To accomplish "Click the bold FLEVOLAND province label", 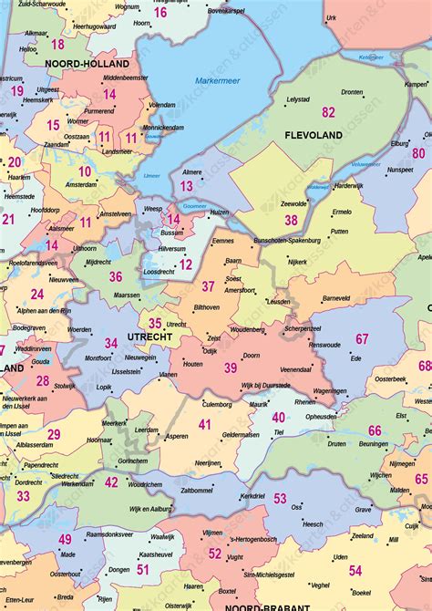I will tap(313, 135).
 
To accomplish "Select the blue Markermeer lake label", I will tap(215, 82).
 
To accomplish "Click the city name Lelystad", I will tap(298, 98).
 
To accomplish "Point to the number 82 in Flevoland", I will tap(328, 112).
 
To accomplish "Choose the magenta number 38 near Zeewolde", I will tap(291, 220).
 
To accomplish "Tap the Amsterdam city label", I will tap(81, 184).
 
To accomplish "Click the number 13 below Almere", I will tap(186, 186).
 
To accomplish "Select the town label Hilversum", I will tap(171, 248).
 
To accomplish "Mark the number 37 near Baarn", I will tap(208, 286).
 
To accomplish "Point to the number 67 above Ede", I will tap(362, 339).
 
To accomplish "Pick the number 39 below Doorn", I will tap(231, 367).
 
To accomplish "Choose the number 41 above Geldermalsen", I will tap(205, 424).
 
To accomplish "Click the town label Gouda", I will tap(41, 361).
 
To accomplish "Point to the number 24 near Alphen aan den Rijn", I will tap(37, 294).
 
